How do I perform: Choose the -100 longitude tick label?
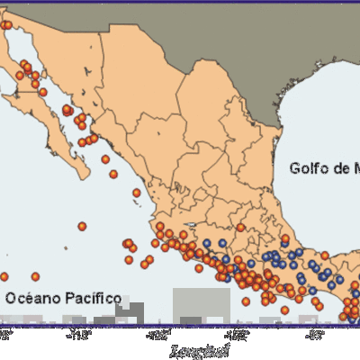click(237, 337)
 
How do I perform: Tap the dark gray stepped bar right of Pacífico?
click(130, 311)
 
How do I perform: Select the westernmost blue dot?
click(206, 243)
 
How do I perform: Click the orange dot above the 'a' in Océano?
click(35, 276)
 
